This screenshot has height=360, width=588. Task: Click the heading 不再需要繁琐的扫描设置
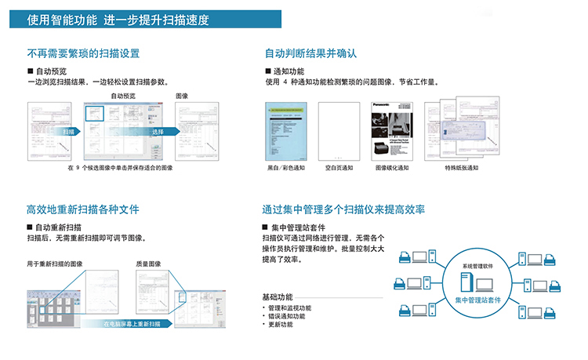tap(83, 53)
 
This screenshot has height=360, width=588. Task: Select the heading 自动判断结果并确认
tap(310, 53)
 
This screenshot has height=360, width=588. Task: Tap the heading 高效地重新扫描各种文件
tap(83, 209)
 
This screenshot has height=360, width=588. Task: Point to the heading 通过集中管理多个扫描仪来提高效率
tap(343, 209)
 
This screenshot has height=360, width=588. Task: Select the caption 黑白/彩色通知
tap(282, 168)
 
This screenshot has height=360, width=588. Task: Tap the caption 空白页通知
tap(339, 168)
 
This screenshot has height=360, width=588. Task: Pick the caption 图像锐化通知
tap(392, 168)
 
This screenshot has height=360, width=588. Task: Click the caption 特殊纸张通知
tap(461, 168)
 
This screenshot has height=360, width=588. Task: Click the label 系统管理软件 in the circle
tap(478, 267)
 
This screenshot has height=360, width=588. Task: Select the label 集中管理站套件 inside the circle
tap(479, 300)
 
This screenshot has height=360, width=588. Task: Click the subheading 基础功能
tap(278, 296)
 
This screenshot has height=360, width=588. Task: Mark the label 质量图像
tap(148, 264)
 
